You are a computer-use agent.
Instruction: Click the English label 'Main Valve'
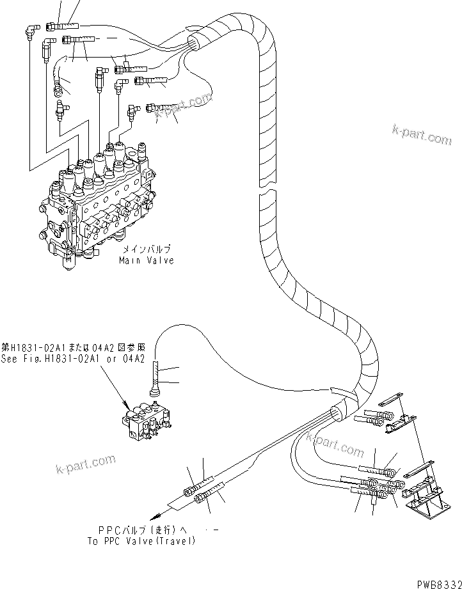(x=146, y=260)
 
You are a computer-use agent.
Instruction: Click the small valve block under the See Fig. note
(x=149, y=424)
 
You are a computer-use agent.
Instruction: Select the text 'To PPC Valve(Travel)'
(x=142, y=541)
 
